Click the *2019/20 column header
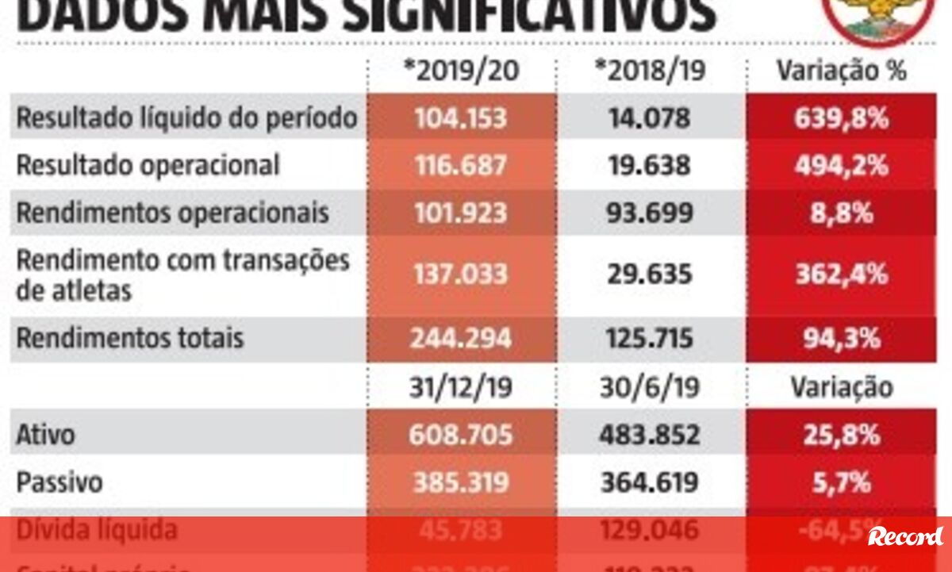point(461,71)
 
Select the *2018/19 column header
point(651,71)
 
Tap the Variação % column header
point(841,71)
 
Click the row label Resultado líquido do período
point(187,118)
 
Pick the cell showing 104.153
point(460,118)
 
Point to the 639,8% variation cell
point(841,118)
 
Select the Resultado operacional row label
point(148,165)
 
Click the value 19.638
point(651,165)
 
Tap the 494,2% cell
point(841,165)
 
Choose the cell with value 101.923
point(460,213)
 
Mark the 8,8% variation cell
point(841,213)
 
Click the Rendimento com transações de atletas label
point(183,274)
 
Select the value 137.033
point(460,274)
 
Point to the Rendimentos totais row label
point(130,339)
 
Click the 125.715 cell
point(651,339)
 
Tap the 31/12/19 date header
point(461,387)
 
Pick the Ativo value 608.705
point(460,435)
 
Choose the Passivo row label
point(59,482)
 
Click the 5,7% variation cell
point(841,482)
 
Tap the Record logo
point(905,536)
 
